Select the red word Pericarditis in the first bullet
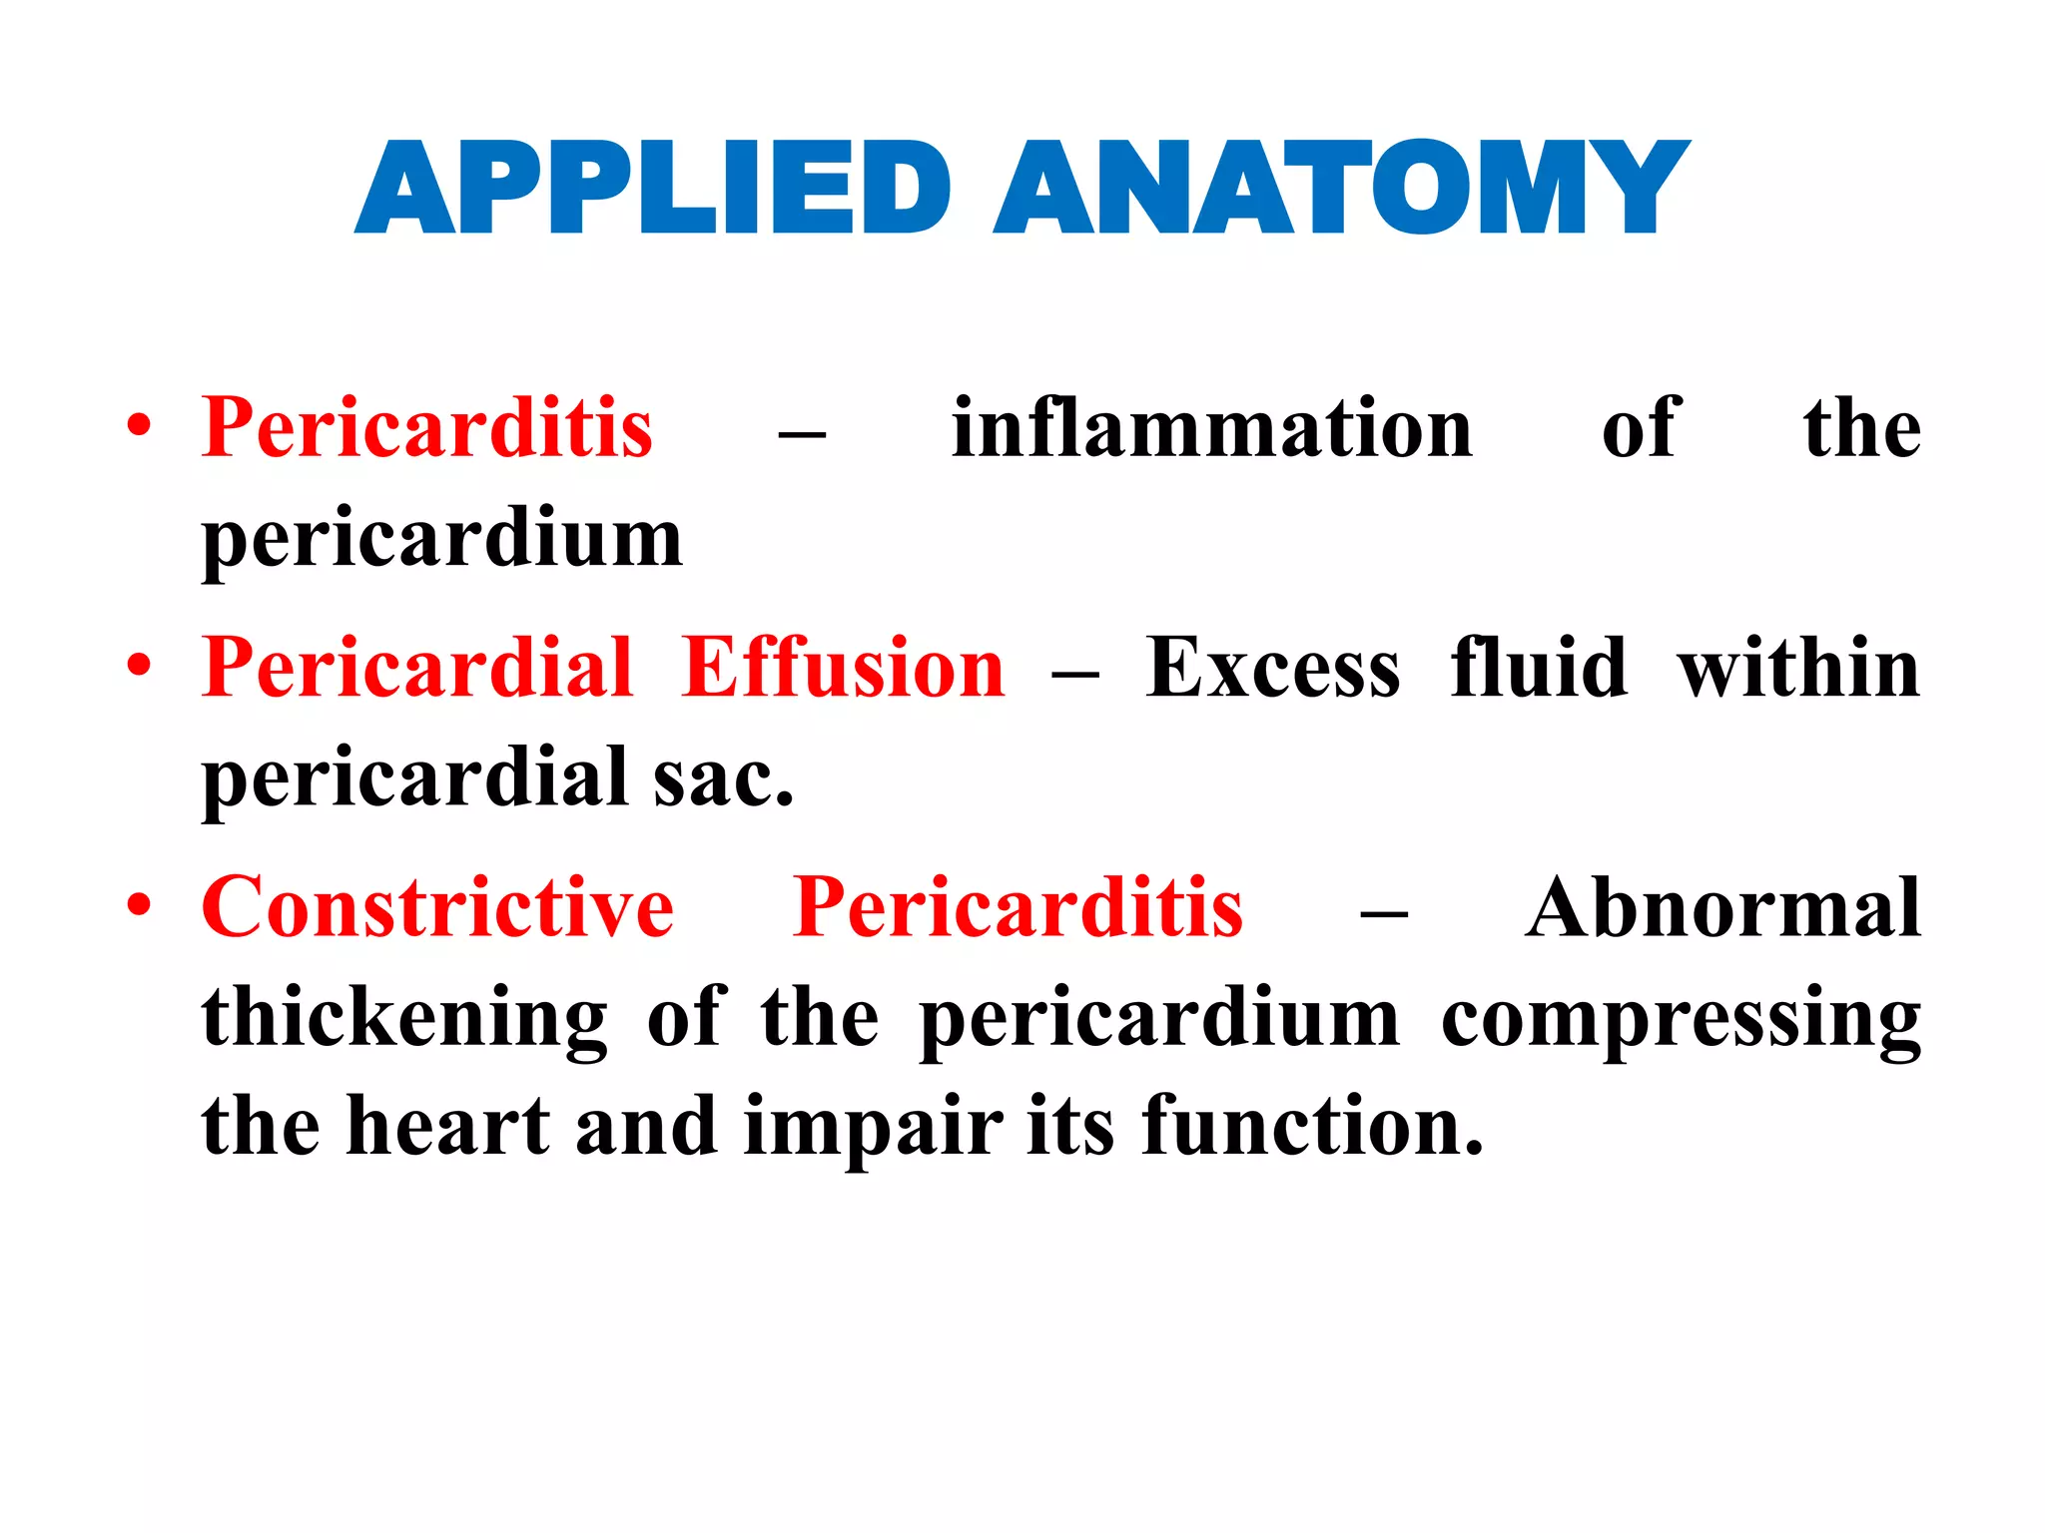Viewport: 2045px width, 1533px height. [427, 428]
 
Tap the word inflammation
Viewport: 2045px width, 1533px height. [1212, 428]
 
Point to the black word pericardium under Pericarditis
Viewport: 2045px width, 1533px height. [442, 540]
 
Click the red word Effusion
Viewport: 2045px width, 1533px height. [844, 668]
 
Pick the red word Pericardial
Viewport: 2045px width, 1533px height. [417, 668]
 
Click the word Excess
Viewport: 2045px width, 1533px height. [1273, 668]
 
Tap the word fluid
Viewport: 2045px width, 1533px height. [1539, 668]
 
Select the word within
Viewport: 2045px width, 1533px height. [1798, 668]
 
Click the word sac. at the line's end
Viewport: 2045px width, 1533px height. [724, 779]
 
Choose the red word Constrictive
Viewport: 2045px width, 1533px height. [437, 907]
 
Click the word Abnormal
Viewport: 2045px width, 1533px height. [1722, 907]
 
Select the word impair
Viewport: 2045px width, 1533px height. [873, 1127]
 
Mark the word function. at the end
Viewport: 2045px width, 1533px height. [1312, 1127]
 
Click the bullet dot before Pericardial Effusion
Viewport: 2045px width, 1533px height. [140, 666]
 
